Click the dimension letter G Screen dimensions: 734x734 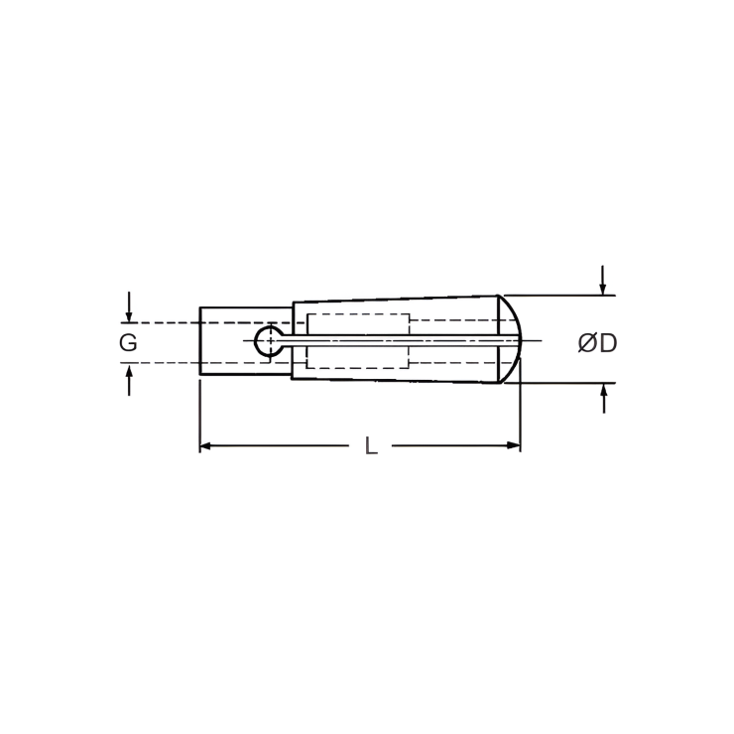(128, 343)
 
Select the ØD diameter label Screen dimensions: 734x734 (597, 343)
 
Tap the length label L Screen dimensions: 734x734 (371, 446)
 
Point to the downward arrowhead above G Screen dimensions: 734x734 (129, 315)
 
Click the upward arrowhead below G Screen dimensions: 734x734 (129, 371)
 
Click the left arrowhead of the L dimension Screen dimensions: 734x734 (206, 446)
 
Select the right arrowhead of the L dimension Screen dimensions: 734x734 (514, 446)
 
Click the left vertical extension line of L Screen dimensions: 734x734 (200, 417)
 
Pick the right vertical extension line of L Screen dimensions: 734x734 (521, 417)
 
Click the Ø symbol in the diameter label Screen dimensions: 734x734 (587, 343)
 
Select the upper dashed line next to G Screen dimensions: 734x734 (164, 322)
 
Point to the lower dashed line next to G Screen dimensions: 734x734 (164, 363)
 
